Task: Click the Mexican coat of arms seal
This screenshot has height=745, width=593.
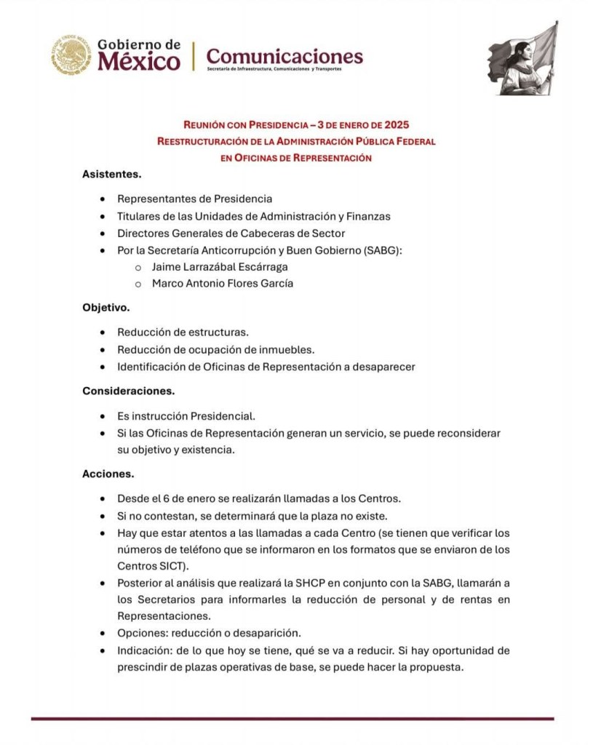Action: pos(71,56)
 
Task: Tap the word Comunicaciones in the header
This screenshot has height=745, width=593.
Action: pos(284,55)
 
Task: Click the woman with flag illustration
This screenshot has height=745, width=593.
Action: pos(522,60)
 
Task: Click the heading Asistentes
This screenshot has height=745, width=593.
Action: pos(111,175)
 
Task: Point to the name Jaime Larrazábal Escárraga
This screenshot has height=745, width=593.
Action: pos(220,267)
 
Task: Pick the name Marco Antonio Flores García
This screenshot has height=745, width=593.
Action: pos(223,284)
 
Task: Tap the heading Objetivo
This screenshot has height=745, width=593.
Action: pos(106,308)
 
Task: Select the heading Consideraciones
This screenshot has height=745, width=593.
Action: pos(128,391)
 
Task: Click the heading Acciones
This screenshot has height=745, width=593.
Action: pos(108,474)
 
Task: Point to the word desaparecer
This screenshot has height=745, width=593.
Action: pos(383,367)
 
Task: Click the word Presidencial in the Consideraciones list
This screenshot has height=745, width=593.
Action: pos(223,416)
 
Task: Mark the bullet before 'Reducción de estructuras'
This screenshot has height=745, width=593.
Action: pos(103,332)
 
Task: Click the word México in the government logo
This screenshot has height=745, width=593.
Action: pos(138,62)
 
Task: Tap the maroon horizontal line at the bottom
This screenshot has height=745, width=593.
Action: pos(291,720)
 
